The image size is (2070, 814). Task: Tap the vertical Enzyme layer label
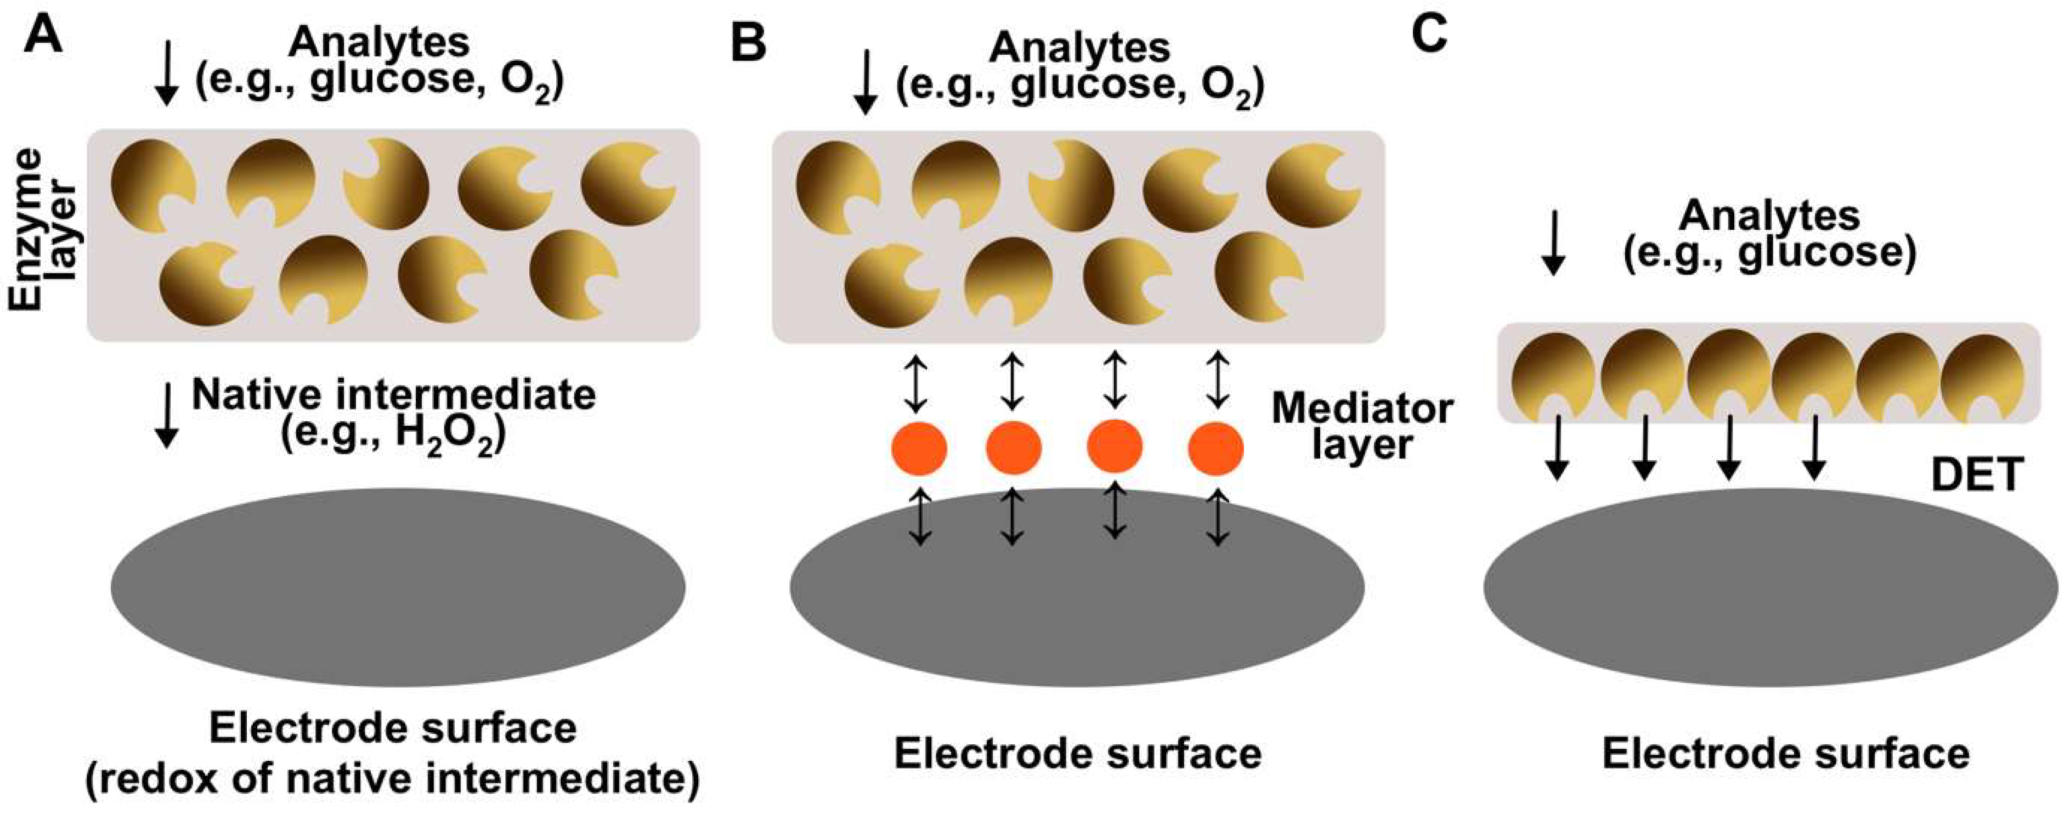click(44, 229)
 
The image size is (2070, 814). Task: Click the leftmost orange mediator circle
click(919, 448)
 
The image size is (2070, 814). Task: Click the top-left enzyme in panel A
click(152, 183)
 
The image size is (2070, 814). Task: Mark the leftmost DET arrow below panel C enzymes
click(1557, 448)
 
